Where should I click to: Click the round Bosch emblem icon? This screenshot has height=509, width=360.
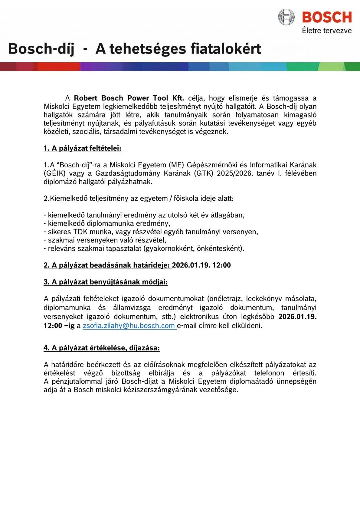[286, 17]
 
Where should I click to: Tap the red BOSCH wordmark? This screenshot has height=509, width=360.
[326, 17]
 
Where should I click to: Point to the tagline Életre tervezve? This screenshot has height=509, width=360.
[326, 31]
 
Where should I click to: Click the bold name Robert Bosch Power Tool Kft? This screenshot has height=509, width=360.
[129, 98]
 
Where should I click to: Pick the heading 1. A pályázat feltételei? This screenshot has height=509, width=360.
[82, 148]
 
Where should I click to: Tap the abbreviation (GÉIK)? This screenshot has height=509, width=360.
[54, 173]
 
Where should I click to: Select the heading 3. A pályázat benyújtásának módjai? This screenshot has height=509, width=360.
[105, 282]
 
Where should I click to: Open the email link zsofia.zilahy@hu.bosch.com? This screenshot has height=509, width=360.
[129, 326]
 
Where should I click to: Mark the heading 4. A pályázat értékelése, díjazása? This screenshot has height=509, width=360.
[101, 348]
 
